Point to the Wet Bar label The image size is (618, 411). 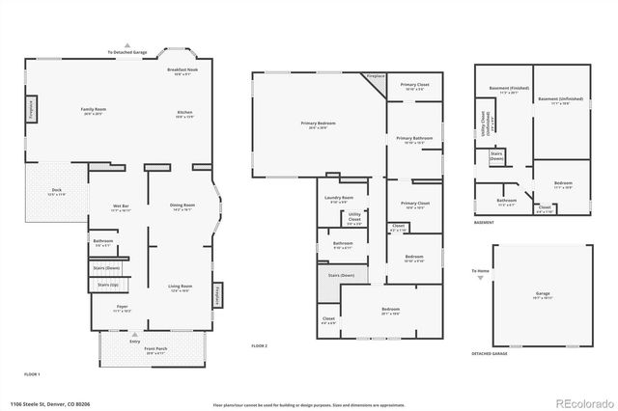coord(122,206)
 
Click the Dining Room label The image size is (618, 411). coord(183,205)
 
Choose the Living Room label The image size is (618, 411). coord(181,286)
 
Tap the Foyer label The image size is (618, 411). coord(122,307)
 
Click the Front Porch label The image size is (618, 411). coord(155,351)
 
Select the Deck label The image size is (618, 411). coord(57,190)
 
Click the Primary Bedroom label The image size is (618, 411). coord(319,123)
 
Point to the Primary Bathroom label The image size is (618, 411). coord(414,140)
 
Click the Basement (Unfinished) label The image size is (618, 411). coord(560,99)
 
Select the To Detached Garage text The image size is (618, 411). coord(127,52)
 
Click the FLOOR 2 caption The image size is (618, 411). coord(259,345)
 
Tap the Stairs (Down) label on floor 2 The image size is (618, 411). coord(342,275)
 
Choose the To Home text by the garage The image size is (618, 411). coord(480,271)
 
